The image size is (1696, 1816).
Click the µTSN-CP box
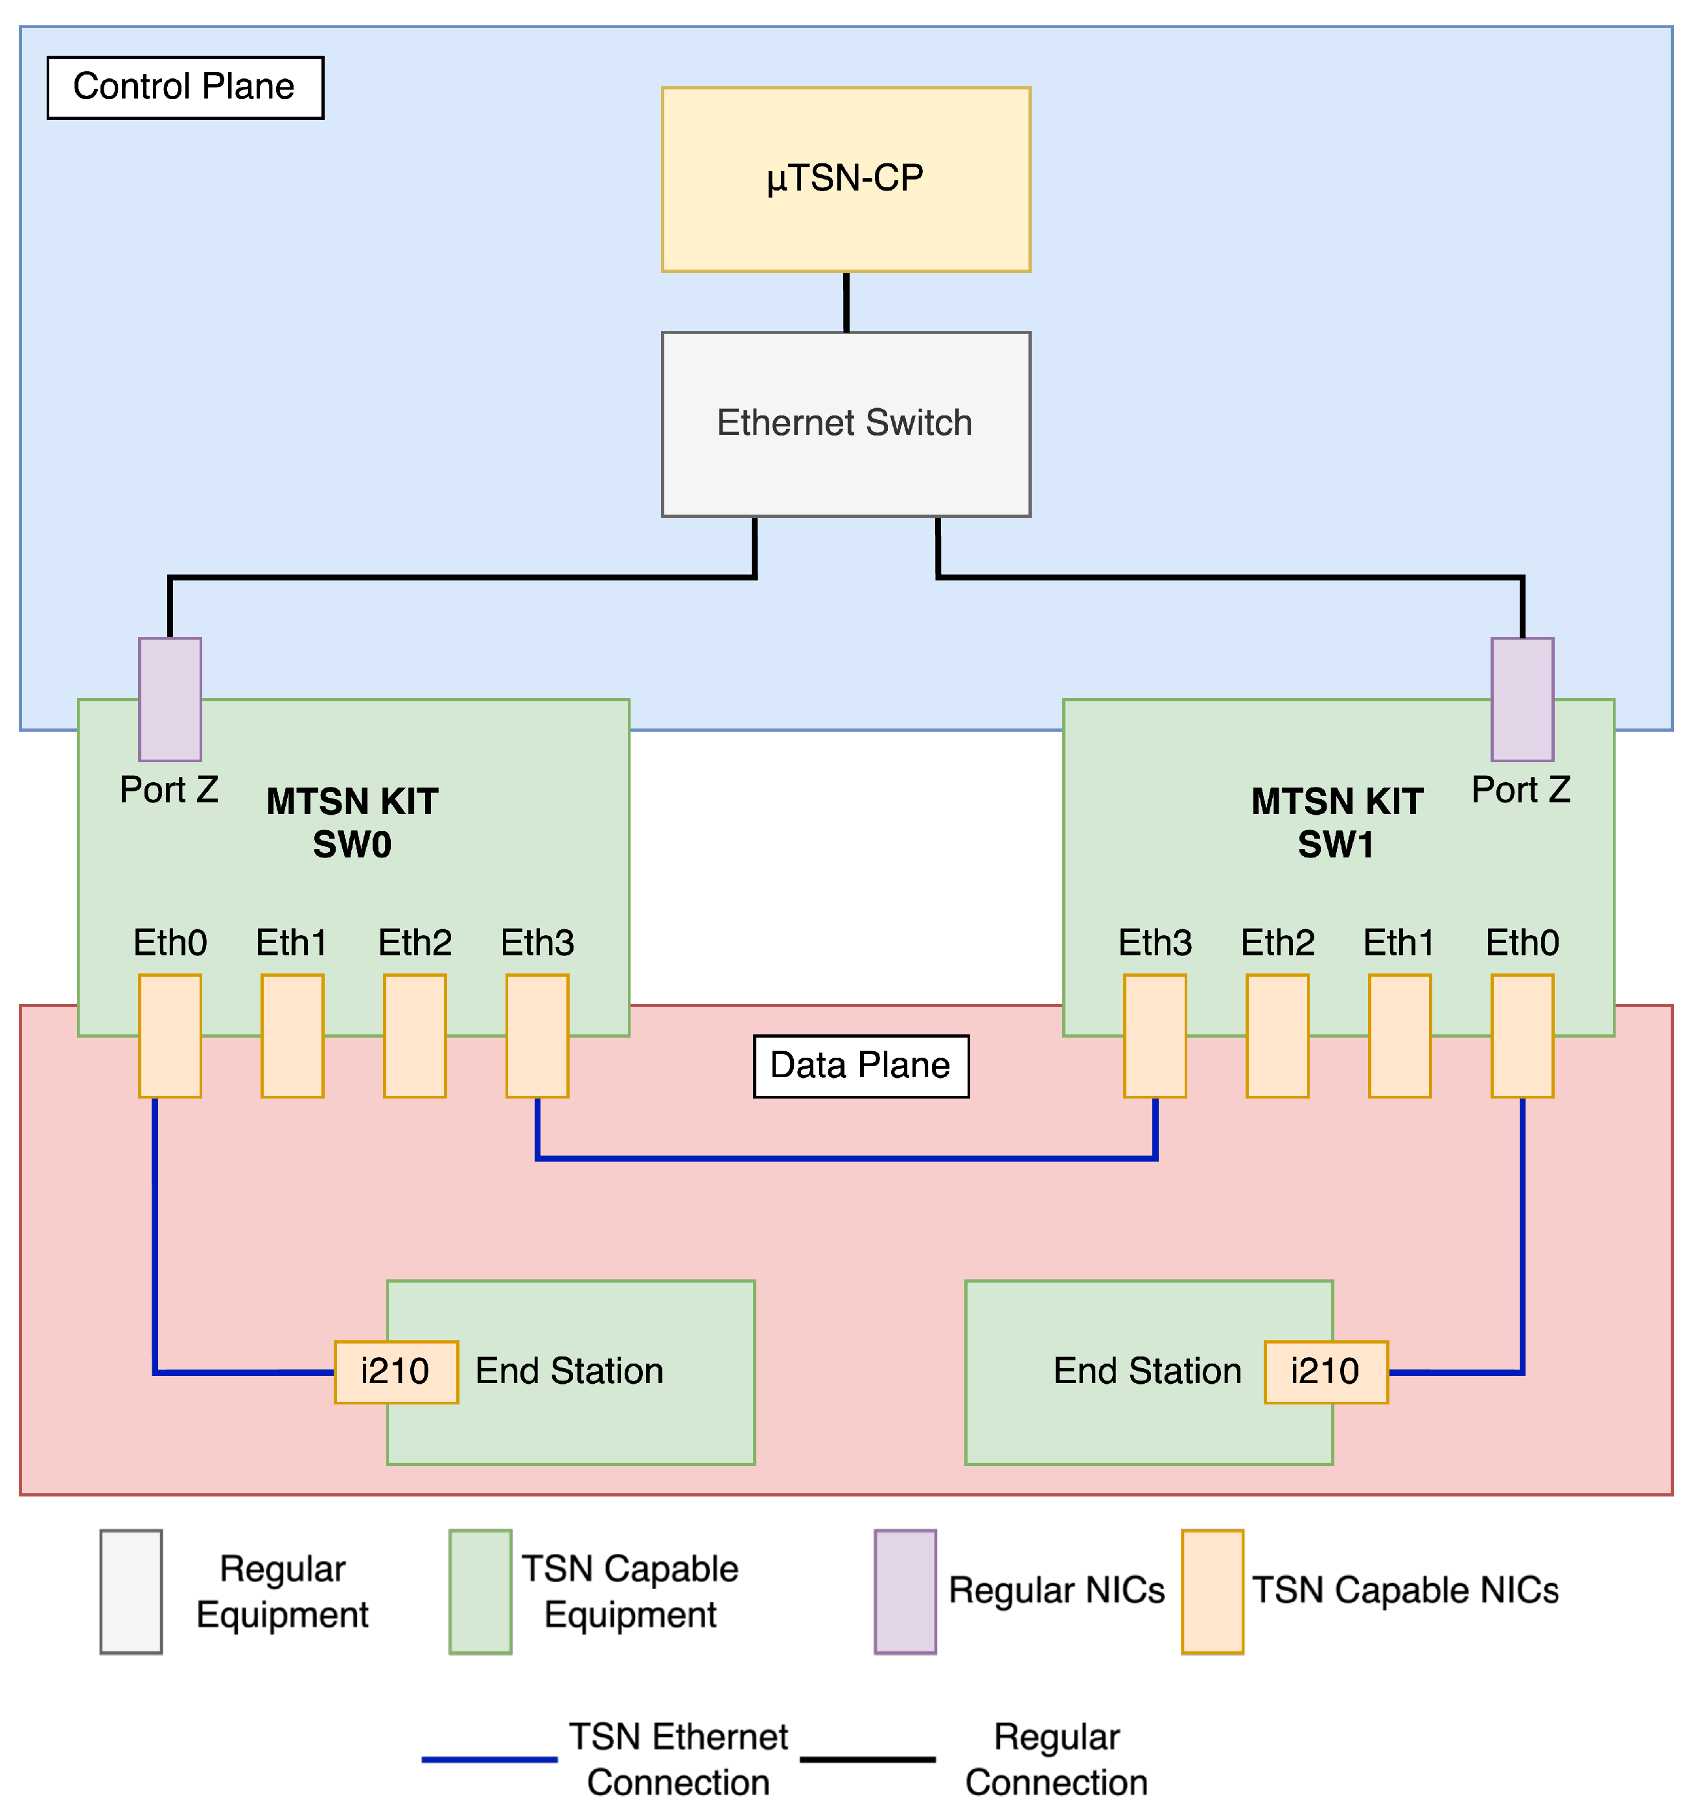(x=846, y=179)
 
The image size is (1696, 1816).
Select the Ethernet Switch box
(x=846, y=424)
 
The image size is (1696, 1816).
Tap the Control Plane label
(x=185, y=87)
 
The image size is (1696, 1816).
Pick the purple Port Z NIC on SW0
(x=170, y=699)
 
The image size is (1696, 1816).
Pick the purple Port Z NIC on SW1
(x=1522, y=699)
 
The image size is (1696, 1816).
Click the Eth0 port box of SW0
(x=170, y=1036)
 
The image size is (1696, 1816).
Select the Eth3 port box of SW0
(x=537, y=1036)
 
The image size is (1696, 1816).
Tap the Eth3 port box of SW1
(x=1154, y=1036)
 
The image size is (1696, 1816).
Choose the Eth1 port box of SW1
(x=1399, y=1036)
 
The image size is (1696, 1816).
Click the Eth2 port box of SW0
(x=415, y=1036)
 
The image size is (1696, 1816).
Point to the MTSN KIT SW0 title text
(x=353, y=823)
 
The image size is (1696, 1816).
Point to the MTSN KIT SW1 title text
(x=1336, y=823)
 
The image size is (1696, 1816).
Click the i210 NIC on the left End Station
(x=395, y=1372)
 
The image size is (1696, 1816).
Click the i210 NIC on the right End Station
(x=1325, y=1372)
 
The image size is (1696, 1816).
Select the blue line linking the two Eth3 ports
(x=846, y=1158)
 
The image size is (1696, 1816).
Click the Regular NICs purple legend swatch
(x=905, y=1591)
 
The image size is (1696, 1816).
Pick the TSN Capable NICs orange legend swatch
(x=1212, y=1591)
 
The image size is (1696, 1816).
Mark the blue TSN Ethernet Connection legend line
(x=489, y=1758)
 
